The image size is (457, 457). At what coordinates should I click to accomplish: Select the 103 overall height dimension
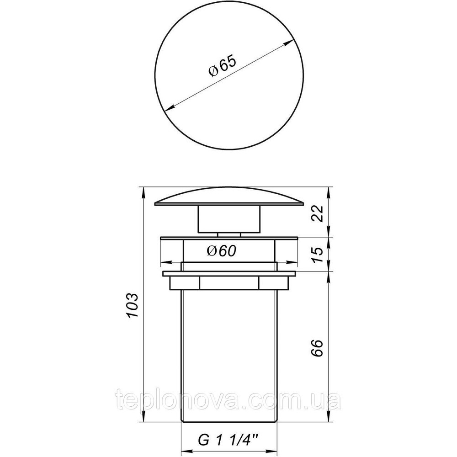[131, 305]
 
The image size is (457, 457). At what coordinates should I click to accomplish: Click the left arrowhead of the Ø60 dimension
[164, 262]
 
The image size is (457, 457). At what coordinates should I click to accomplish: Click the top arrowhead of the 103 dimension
[143, 190]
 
